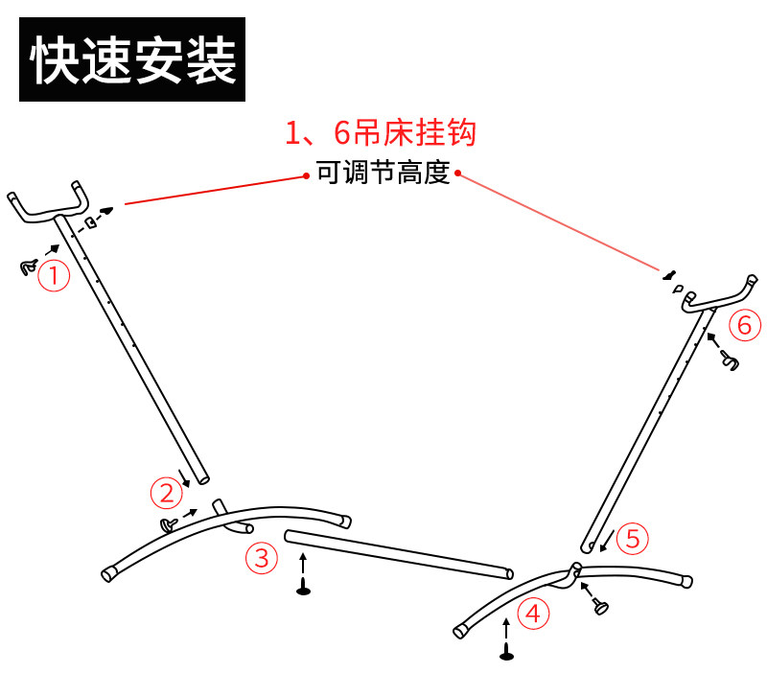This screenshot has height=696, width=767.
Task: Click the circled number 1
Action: [x=54, y=276]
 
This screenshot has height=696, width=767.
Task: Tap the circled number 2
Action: [x=166, y=494]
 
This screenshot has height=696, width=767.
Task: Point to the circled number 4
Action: [x=532, y=613]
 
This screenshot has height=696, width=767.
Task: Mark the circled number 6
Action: [x=744, y=325]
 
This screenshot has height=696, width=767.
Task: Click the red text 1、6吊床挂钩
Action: [x=381, y=132]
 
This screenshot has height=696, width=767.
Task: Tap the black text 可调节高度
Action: [x=383, y=174]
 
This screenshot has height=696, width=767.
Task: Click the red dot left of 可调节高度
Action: [x=306, y=174]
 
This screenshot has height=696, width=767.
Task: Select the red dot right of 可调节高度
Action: [x=458, y=174]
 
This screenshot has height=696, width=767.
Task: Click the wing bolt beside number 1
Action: [x=27, y=267]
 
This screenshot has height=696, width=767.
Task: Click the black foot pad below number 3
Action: [x=303, y=590]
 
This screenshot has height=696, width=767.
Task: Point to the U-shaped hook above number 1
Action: [x=48, y=203]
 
